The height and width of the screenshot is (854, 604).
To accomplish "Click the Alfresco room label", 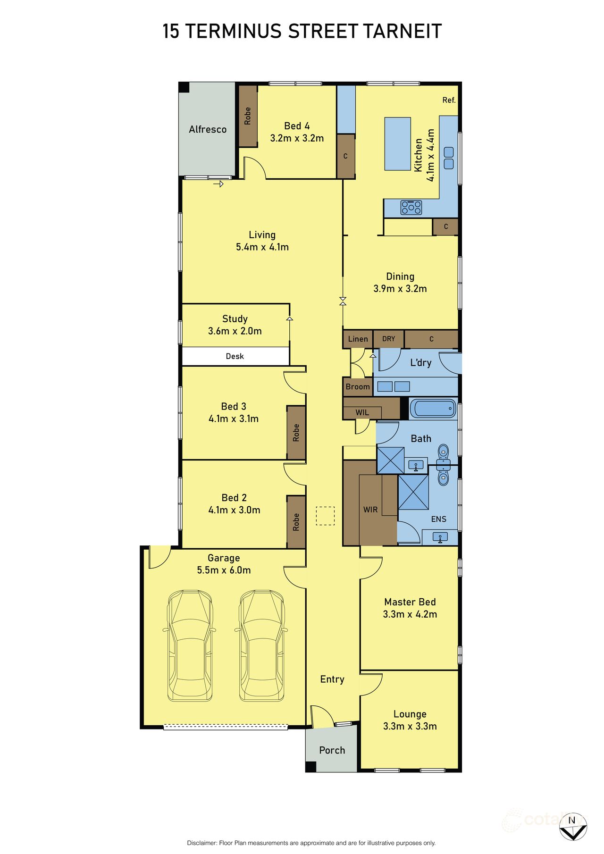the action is tap(208, 129).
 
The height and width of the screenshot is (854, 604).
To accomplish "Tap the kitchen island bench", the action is tap(397, 143).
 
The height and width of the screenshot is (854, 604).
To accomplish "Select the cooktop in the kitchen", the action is tap(411, 207).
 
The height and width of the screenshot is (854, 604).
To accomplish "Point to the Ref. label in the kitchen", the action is tap(449, 100).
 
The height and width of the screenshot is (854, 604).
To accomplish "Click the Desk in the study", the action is tap(235, 356).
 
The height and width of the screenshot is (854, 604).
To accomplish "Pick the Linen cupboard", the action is tap(358, 339).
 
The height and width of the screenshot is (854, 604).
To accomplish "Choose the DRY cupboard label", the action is tap(389, 339).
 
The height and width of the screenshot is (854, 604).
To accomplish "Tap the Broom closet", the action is tap(358, 387).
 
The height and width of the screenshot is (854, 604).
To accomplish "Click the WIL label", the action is tap(362, 412).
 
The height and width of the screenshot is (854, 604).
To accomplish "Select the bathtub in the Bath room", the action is tap(433, 409).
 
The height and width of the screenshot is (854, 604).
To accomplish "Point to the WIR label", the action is tap(370, 510).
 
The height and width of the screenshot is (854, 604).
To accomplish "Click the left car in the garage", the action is tap(190, 645).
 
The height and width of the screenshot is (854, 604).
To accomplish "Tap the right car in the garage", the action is tap(262, 645).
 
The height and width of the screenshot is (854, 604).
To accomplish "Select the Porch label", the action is tap(332, 750).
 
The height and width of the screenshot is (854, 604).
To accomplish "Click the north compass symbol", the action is tap(573, 826).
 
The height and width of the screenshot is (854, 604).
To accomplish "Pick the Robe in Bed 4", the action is tap(248, 116).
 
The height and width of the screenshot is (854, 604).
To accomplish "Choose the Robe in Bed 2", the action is tap(296, 522).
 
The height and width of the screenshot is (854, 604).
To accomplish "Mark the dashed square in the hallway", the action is tap(325, 516).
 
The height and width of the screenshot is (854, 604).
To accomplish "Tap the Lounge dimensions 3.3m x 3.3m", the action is tap(410, 726).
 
